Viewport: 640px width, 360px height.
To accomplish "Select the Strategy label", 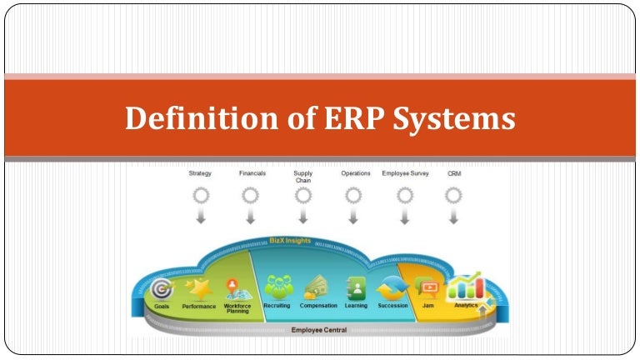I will click(200, 173).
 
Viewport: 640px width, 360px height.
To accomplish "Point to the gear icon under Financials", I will click(251, 196).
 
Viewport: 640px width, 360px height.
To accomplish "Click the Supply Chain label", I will click(303, 177).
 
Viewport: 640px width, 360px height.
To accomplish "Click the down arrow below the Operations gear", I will click(353, 218).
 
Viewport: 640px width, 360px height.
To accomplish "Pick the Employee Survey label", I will click(405, 173).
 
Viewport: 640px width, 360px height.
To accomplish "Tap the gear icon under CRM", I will click(453, 196).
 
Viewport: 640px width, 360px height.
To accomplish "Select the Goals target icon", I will click(161, 288).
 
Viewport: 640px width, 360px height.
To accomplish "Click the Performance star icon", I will click(199, 288).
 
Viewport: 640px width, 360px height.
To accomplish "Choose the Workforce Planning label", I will click(237, 308).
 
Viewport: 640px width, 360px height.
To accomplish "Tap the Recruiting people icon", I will click(277, 287).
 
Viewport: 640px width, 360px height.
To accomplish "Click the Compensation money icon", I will click(317, 287).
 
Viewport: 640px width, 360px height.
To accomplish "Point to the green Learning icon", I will click(356, 287).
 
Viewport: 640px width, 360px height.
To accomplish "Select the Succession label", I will click(392, 306).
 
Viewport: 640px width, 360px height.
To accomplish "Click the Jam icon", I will click(428, 287).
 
